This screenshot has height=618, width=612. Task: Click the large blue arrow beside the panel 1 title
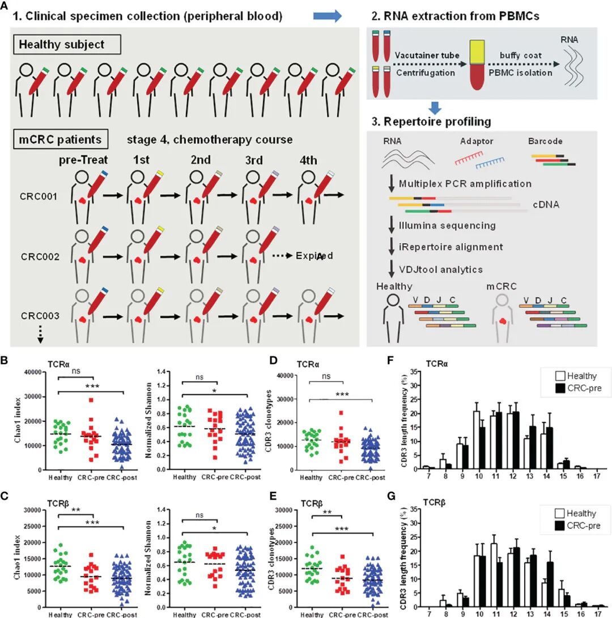(328, 16)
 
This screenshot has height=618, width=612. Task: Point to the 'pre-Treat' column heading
(83, 160)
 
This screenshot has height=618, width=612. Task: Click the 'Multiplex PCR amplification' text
(465, 184)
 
